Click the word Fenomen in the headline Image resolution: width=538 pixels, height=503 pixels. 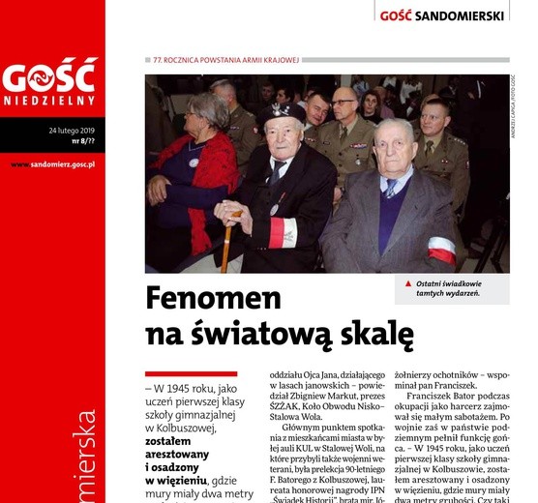point(213,298)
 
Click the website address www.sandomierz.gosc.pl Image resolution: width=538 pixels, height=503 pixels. point(52,164)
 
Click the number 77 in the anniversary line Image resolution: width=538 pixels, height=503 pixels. point(157,61)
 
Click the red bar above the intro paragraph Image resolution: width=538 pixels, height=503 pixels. point(191,373)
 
